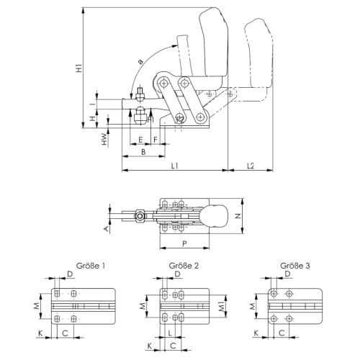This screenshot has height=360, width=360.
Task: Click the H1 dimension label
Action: click(79, 68)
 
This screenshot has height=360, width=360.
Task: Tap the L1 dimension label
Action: click(175, 166)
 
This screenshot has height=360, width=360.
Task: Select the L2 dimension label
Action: click(251, 166)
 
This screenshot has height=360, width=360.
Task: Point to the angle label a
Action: click(140, 62)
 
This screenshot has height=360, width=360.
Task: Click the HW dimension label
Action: click(104, 139)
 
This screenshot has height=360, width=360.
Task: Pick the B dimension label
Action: click(143, 152)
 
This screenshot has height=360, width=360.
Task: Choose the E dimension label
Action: click(140, 140)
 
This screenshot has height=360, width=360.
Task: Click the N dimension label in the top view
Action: click(238, 216)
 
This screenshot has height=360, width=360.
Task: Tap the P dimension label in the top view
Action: click(184, 243)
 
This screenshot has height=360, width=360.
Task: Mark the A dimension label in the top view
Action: click(106, 229)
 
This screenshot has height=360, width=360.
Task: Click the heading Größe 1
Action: click(91, 266)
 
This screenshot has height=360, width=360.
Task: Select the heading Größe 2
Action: click(184, 266)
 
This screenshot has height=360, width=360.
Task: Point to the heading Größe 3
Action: click(295, 266)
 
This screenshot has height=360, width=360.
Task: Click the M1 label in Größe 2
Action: click(222, 306)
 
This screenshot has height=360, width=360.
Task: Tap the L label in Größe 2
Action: click(170, 333)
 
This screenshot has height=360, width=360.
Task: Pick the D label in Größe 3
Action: click(287, 274)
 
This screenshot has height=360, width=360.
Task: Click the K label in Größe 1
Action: click(40, 333)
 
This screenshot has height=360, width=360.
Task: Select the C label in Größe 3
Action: click(282, 333)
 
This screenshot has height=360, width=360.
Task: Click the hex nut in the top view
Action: click(140, 216)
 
